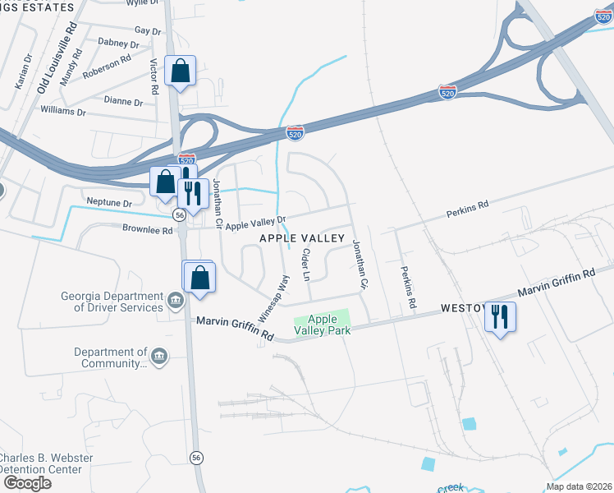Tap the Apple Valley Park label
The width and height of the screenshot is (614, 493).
point(323,325)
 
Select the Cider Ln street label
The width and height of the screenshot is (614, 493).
point(305,265)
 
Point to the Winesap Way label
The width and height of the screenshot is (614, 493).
point(277,297)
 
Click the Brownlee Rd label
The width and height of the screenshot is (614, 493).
point(149,230)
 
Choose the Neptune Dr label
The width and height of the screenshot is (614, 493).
point(109,202)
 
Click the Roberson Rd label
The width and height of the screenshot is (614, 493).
point(107,65)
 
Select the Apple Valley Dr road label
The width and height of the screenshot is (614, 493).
point(255,222)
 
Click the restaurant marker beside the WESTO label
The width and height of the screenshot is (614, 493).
point(500,316)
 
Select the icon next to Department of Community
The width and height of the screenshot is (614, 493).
point(159,357)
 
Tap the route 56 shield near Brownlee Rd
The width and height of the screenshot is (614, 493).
point(178,214)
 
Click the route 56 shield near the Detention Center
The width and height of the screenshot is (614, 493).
point(195,457)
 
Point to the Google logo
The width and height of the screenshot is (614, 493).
point(26,483)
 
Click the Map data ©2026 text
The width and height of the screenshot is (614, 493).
point(578,486)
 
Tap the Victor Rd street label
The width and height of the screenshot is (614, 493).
point(153,75)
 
